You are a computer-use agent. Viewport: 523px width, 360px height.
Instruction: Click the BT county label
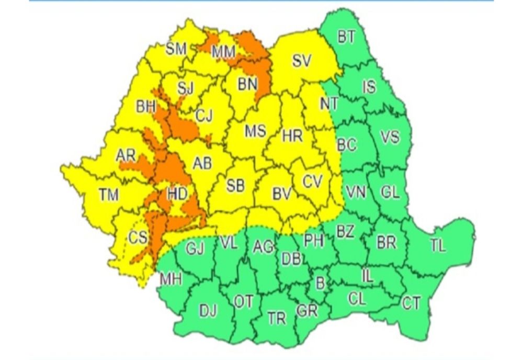346,37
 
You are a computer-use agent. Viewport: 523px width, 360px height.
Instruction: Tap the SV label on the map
302,61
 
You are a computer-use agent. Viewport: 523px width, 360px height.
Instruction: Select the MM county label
223,51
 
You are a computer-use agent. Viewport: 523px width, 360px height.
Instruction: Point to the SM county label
176,49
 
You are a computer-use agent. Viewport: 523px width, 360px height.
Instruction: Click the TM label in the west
109,195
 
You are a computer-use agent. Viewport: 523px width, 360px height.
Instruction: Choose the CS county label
138,238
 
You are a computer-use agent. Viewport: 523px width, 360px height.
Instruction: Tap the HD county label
177,194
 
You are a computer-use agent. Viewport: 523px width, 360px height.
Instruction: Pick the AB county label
202,163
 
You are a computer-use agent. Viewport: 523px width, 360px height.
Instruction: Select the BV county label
281,193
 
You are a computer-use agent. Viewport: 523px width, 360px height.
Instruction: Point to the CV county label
313,181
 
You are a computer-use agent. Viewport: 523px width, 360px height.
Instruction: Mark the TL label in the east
438,245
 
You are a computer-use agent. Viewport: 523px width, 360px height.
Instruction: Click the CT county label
411,302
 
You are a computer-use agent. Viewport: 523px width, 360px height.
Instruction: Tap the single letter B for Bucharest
320,283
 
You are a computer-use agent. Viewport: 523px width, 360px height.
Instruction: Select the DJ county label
208,311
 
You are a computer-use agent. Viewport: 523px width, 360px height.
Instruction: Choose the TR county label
277,318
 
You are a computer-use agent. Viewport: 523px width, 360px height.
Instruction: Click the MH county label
170,279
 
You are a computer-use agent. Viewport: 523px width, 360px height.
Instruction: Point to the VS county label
390,137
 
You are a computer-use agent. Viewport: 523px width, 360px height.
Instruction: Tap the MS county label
255,131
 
